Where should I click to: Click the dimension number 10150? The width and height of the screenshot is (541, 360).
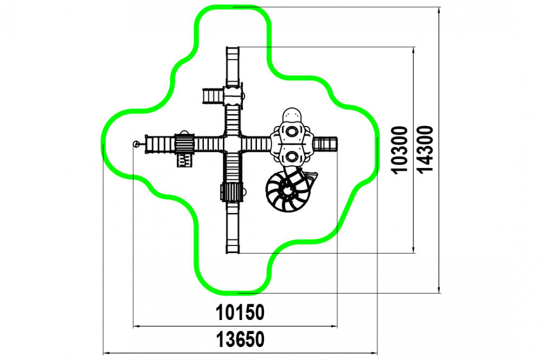click(240, 312)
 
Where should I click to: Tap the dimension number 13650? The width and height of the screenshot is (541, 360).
click(240, 339)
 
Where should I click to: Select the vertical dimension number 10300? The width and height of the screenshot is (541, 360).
click(400, 150)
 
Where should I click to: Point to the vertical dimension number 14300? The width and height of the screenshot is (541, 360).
click(425, 150)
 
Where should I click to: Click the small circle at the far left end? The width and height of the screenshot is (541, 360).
click(136, 144)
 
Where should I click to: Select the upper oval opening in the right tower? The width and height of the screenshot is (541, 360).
click(292, 131)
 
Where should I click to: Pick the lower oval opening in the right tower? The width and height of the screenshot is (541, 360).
click(292, 157)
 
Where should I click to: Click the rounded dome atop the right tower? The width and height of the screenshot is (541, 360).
click(292, 115)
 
